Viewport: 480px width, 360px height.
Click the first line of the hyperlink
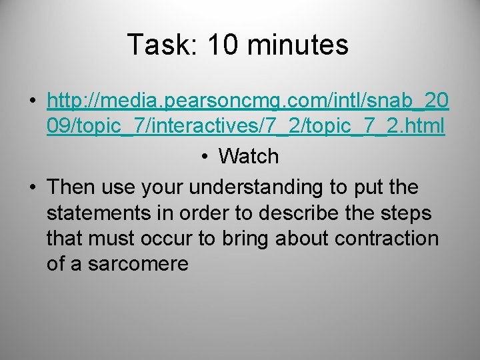pyautogui.click(x=248, y=101)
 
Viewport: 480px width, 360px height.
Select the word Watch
pyautogui.click(x=249, y=156)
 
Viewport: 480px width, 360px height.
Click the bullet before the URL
pyautogui.click(x=32, y=103)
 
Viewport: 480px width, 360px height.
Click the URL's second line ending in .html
pyautogui.click(x=245, y=127)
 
